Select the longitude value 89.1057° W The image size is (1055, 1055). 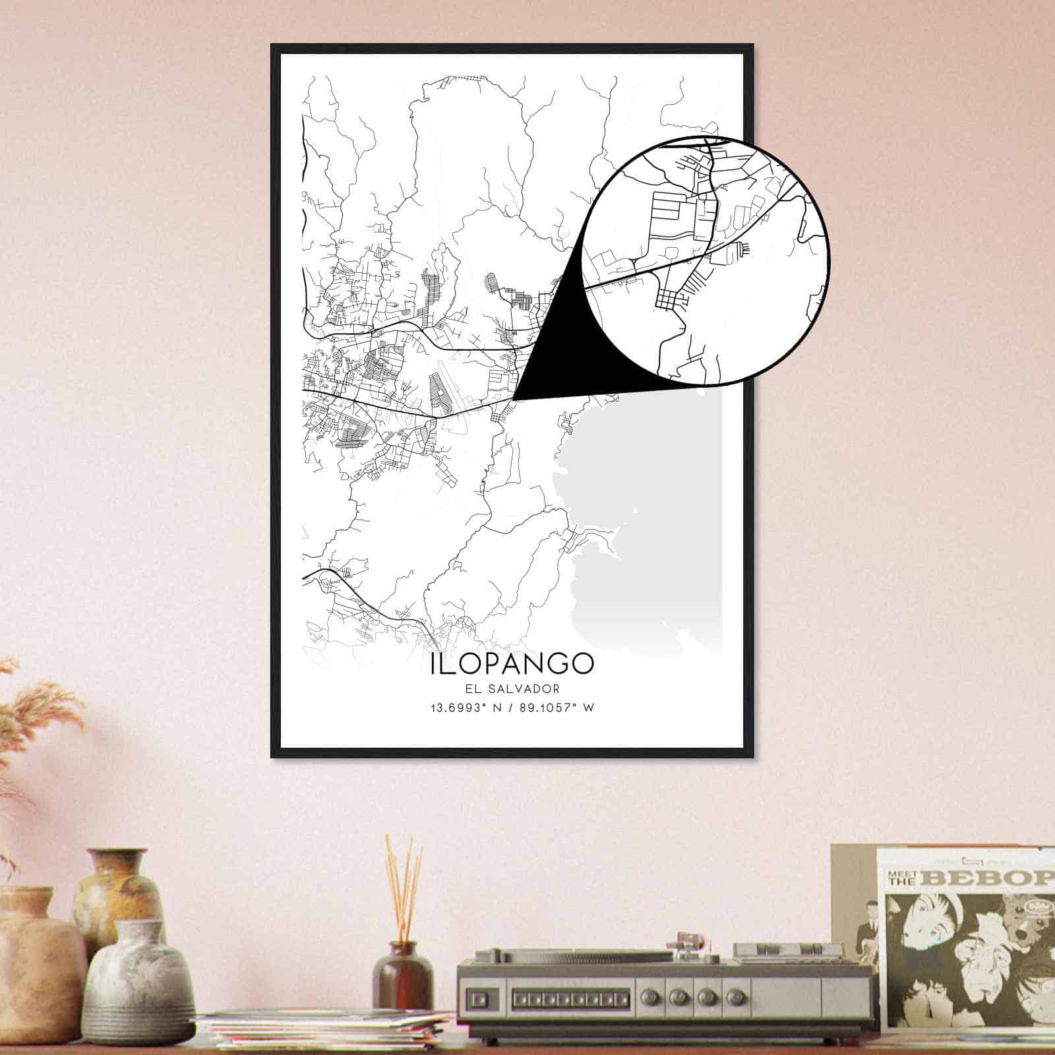click(557, 708)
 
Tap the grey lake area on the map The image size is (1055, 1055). click(646, 501)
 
